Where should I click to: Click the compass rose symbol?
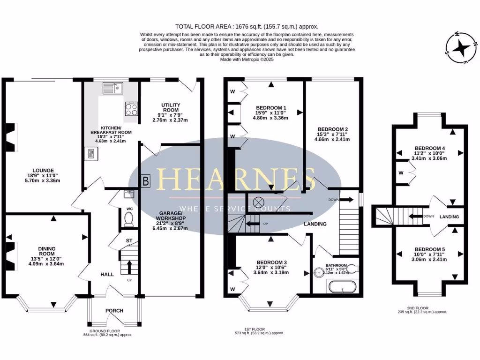pyautogui.click(x=462, y=48)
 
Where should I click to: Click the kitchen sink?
pyautogui.click(x=113, y=87)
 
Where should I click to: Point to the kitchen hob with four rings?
pyautogui.click(x=131, y=109)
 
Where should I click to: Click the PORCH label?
pyautogui.click(x=114, y=310)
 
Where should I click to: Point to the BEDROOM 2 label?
pyautogui.click(x=332, y=129)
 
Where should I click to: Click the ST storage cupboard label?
pyautogui.click(x=128, y=242)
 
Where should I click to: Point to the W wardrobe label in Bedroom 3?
pyautogui.click(x=232, y=289)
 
